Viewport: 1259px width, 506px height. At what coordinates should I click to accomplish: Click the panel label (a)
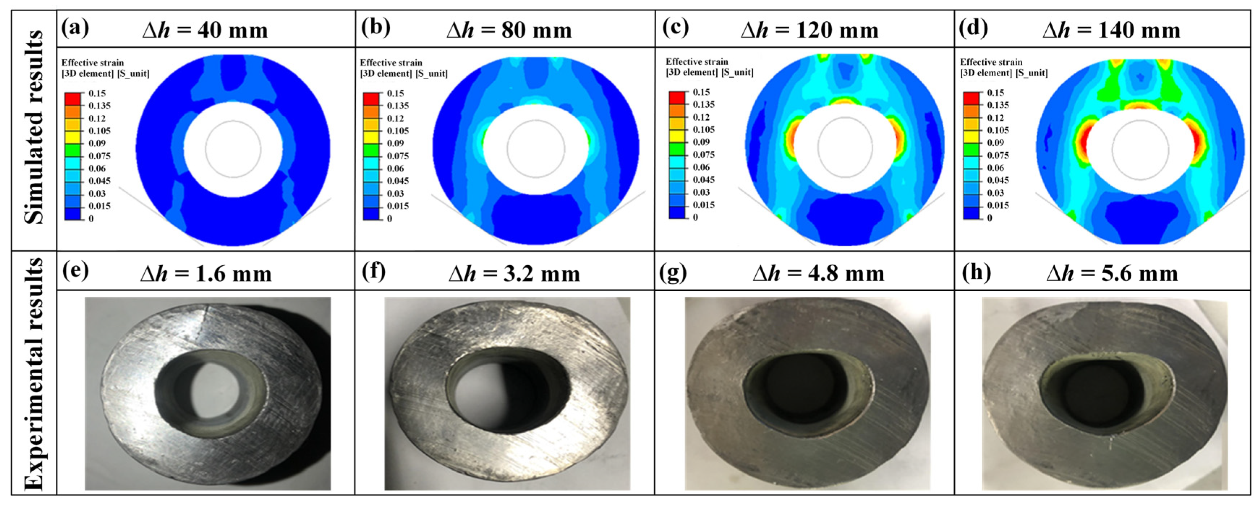tap(75, 28)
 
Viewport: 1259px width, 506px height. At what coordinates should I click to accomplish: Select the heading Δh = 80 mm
tap(509, 30)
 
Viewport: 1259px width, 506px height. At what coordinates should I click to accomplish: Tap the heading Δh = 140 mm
tap(1111, 30)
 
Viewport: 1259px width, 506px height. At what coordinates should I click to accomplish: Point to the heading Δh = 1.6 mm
tap(206, 274)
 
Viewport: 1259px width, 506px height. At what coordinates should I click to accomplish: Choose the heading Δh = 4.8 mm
tap(819, 274)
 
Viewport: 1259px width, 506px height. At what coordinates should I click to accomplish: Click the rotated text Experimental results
tap(34, 374)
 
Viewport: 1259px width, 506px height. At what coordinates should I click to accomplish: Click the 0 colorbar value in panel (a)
tap(91, 218)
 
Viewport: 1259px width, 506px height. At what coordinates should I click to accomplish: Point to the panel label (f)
tap(374, 272)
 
